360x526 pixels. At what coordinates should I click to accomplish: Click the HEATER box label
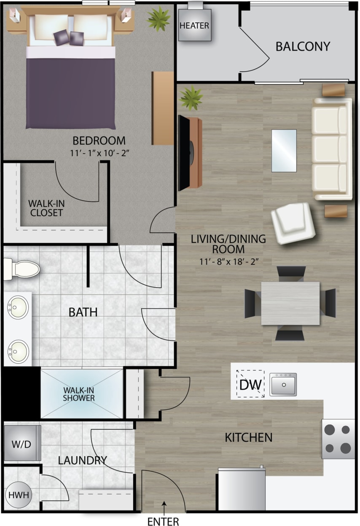pyautogui.click(x=194, y=25)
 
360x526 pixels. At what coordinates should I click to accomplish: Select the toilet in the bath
pyautogui.click(x=21, y=269)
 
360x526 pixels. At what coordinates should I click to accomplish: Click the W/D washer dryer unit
pyautogui.click(x=22, y=444)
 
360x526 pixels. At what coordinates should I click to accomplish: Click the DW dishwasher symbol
pyautogui.click(x=250, y=384)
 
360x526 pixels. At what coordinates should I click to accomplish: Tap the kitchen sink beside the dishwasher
pyautogui.click(x=283, y=384)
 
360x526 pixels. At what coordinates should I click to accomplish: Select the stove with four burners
pyautogui.click(x=338, y=439)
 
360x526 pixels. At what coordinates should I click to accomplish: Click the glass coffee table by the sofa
pyautogui.click(x=284, y=151)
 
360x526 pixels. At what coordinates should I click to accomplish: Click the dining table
pyautogui.click(x=290, y=303)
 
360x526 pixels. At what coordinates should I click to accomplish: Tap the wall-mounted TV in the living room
pyautogui.click(x=184, y=153)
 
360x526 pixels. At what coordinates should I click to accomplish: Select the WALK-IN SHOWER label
pyautogui.click(x=79, y=394)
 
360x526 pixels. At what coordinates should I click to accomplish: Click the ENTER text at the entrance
pyautogui.click(x=163, y=521)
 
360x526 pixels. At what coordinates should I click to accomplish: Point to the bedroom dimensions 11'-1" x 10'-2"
pyautogui.click(x=99, y=152)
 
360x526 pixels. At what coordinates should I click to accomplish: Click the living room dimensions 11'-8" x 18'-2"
pyautogui.click(x=228, y=261)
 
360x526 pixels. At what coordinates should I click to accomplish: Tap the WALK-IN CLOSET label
pyautogui.click(x=46, y=208)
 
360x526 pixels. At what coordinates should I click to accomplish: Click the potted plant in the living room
pyautogui.click(x=191, y=97)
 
